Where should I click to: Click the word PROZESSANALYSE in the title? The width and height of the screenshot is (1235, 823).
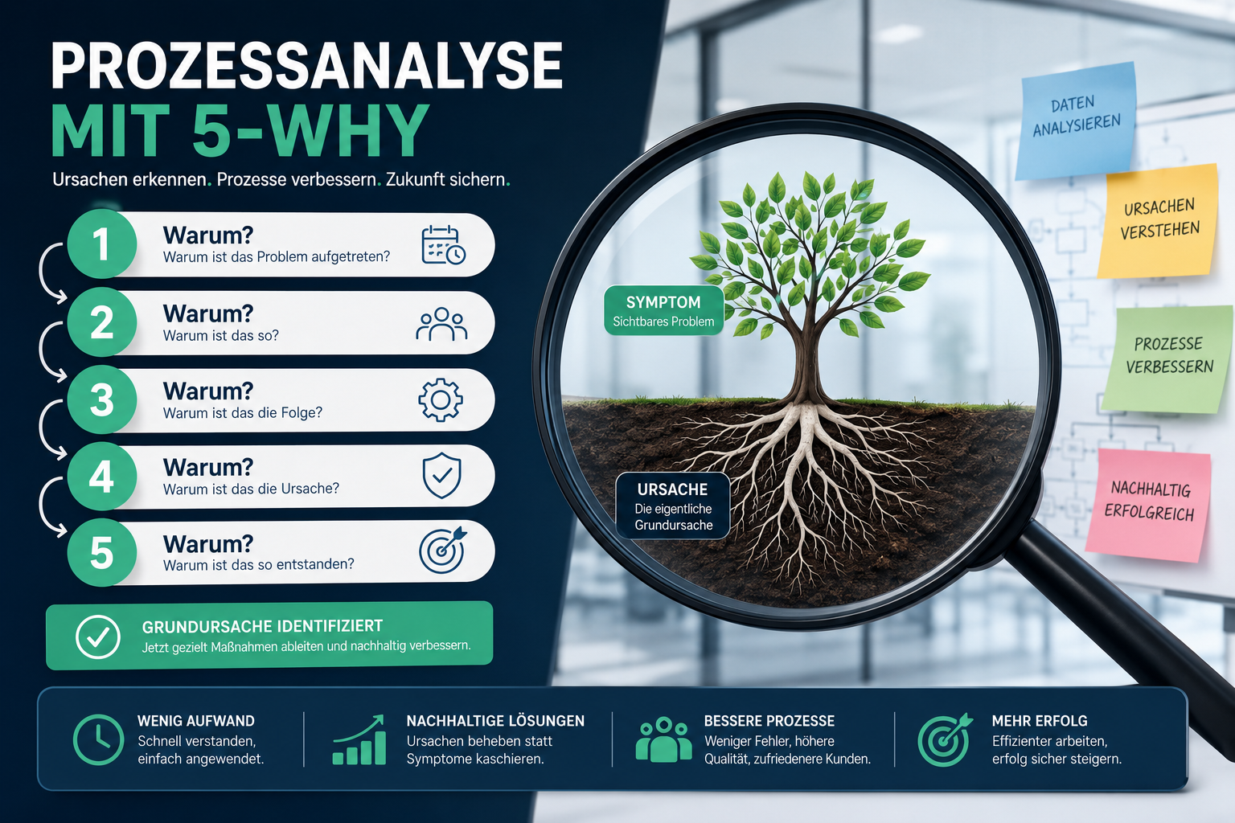click(306, 66)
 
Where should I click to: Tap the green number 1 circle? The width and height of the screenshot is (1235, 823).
click(102, 244)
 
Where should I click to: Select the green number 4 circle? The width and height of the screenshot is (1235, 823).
click(102, 476)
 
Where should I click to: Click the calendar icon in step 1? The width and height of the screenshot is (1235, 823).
click(443, 245)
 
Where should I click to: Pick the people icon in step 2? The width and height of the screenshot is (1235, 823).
click(441, 324)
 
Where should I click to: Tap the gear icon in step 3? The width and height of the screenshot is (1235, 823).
click(440, 399)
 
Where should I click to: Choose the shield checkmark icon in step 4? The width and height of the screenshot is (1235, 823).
click(441, 476)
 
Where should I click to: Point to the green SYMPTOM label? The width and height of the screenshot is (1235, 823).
click(663, 310)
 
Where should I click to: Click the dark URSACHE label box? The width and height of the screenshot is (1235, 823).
click(673, 506)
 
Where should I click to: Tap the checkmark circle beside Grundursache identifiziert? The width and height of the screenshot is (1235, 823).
click(97, 637)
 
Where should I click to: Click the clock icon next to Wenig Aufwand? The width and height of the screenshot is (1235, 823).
click(98, 739)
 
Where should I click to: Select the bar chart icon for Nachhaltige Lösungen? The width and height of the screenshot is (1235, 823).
click(359, 739)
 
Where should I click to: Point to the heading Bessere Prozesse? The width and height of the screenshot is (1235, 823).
click(769, 721)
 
